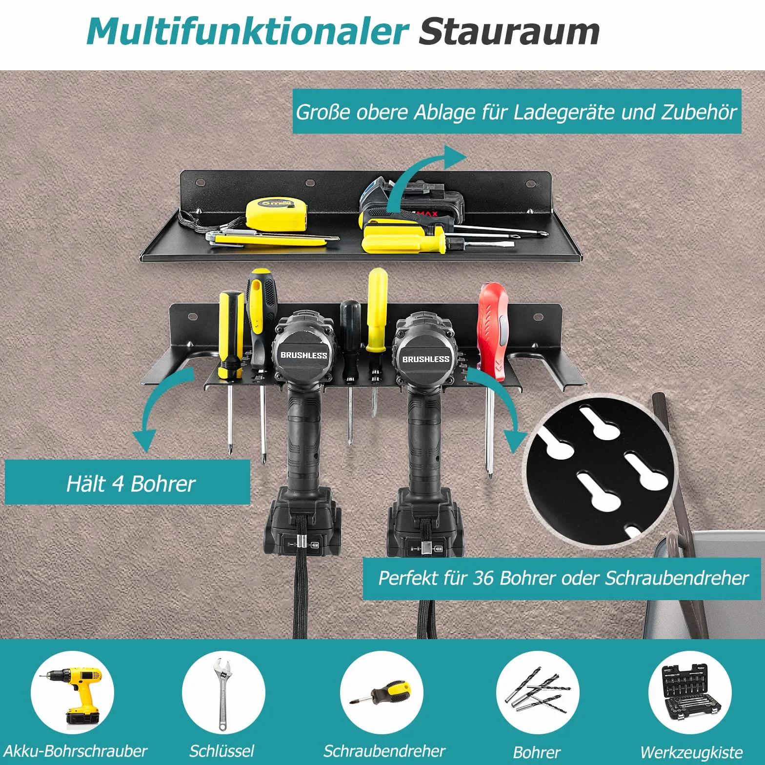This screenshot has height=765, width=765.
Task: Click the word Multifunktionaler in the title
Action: [x=247, y=32]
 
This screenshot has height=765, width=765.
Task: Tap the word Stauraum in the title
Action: [x=509, y=32]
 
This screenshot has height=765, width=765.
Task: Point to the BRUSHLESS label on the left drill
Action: [x=303, y=355]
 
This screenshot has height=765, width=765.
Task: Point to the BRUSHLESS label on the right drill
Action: [x=426, y=359]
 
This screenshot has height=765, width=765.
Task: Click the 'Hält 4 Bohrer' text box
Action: [x=127, y=482]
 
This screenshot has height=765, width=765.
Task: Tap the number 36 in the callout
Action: [x=483, y=578]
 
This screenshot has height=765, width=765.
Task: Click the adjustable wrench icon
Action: [x=222, y=693]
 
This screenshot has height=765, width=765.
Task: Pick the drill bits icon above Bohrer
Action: [x=537, y=692]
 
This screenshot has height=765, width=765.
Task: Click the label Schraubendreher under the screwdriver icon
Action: [x=384, y=751]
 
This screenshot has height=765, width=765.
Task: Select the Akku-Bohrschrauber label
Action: [x=75, y=751]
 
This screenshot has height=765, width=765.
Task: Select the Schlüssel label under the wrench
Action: [x=222, y=751]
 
